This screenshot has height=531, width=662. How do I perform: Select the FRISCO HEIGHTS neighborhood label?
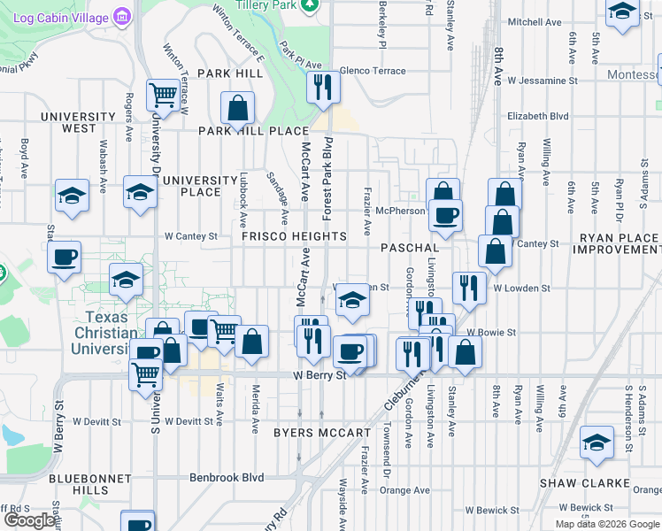click(294, 237)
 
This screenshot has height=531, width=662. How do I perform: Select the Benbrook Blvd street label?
click(227, 477)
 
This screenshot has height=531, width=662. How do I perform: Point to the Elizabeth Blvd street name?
click(537, 116)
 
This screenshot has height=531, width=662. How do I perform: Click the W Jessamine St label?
click(542, 80)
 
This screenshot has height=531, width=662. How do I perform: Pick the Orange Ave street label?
click(405, 490)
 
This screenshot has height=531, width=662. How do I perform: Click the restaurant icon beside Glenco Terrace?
click(323, 87)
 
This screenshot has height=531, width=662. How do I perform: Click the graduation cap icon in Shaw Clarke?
click(597, 442)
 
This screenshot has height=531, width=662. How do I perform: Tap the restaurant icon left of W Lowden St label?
click(468, 287)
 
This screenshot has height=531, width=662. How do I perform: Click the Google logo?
click(29, 520)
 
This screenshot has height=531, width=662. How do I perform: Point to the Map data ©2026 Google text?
click(607, 524)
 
